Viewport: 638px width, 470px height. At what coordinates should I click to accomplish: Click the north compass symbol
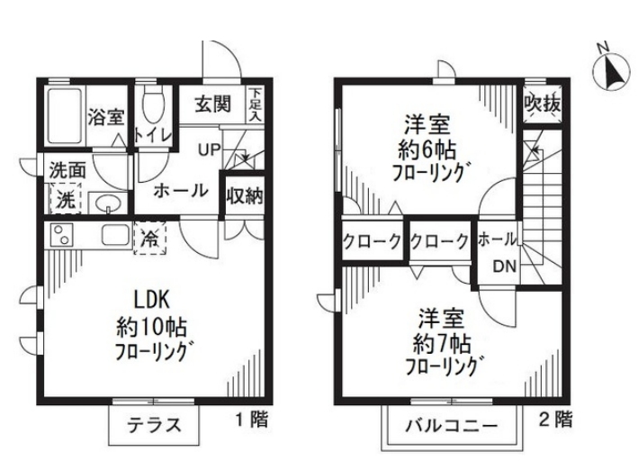click(613, 72)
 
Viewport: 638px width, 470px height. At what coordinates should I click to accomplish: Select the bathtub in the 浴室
click(65, 115)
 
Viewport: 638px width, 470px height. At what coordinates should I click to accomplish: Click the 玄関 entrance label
click(212, 104)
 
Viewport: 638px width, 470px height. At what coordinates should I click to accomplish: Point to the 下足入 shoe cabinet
click(256, 104)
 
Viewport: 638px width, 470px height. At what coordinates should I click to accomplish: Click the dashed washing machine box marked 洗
click(66, 198)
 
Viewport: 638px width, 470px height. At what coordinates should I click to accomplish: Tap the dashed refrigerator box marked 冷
click(149, 239)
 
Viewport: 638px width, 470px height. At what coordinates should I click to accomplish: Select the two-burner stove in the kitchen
click(61, 235)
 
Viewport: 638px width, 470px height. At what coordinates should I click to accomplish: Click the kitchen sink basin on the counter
click(115, 235)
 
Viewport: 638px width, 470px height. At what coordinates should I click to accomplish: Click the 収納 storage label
click(245, 196)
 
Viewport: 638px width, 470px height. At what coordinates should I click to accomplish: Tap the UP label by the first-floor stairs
click(209, 149)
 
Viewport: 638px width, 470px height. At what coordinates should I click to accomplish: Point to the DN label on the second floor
click(505, 267)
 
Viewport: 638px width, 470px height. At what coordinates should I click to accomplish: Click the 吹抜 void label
click(543, 104)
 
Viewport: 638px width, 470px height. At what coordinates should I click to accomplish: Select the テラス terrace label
click(154, 426)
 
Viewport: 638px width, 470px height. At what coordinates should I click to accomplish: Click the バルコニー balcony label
click(451, 427)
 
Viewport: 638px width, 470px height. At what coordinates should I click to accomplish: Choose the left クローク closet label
click(372, 242)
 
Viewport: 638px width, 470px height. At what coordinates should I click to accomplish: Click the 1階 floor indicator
click(252, 420)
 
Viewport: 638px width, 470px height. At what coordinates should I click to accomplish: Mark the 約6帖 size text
click(427, 151)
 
